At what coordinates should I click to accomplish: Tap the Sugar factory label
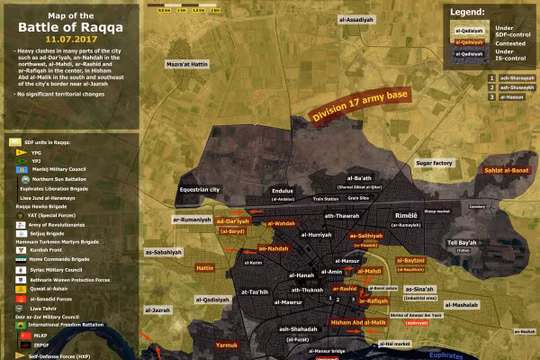pyautogui.click(x=434, y=161)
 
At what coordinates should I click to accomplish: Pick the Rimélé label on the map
pyautogui.click(x=407, y=215)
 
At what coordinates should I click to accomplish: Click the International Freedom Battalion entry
pyautogui.click(x=64, y=325)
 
